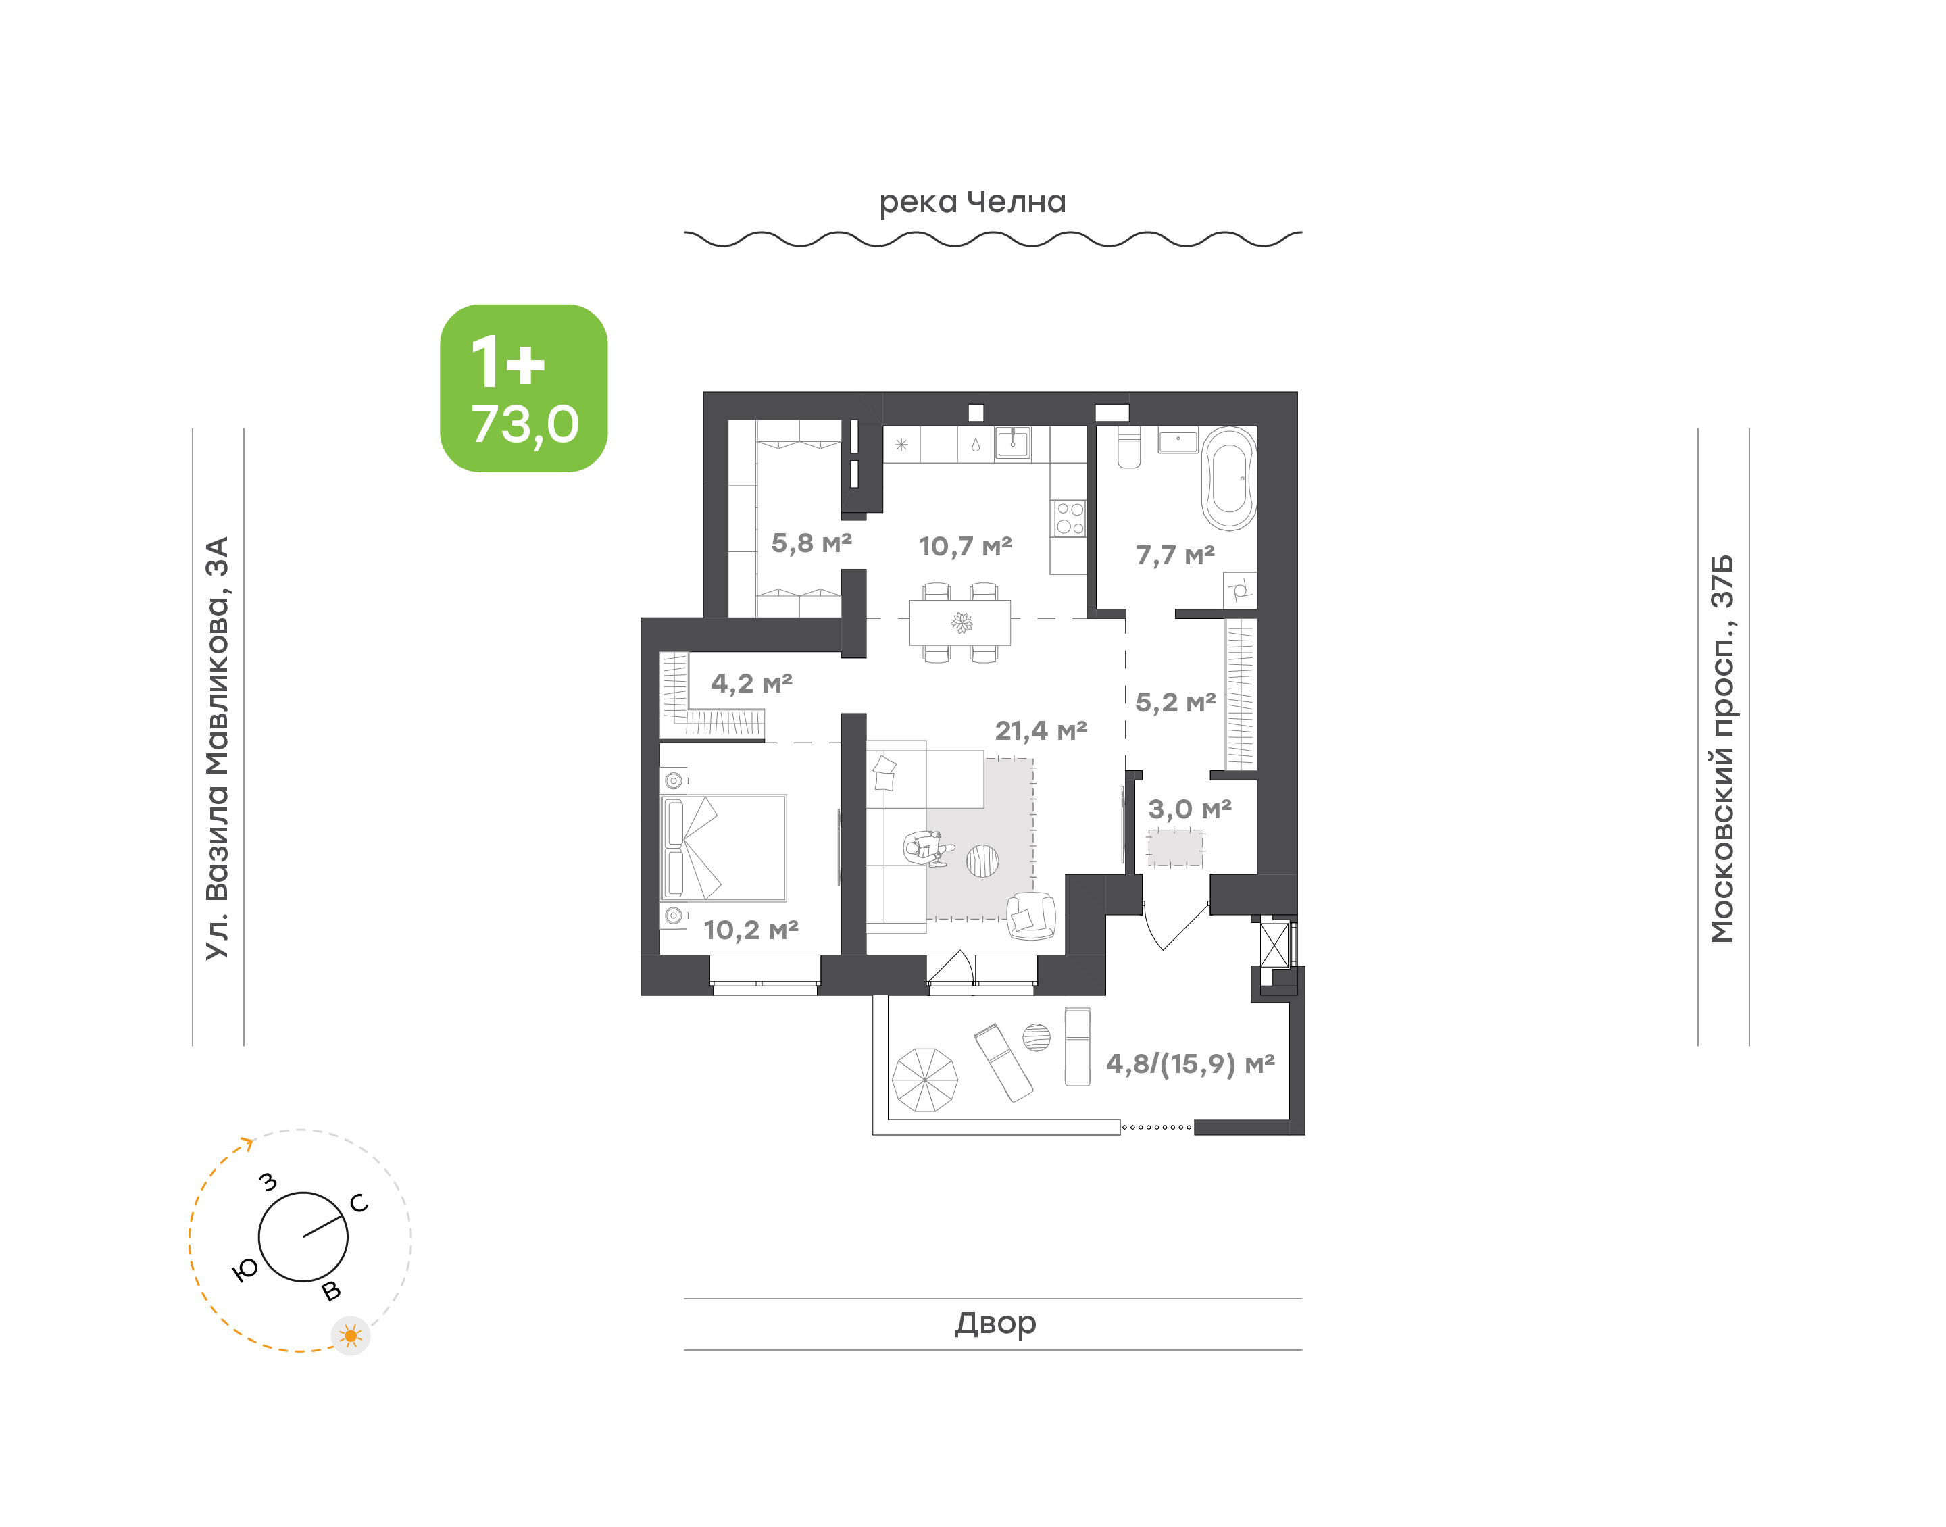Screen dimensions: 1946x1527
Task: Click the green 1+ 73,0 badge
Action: tap(524, 388)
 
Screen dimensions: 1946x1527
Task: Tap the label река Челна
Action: tap(972, 203)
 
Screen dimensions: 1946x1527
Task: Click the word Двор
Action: tap(995, 1322)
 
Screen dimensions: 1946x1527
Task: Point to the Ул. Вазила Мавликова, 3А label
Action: tap(217, 749)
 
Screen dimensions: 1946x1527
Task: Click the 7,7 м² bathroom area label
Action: tap(1176, 555)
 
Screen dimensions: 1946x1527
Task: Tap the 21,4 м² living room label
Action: tap(1041, 731)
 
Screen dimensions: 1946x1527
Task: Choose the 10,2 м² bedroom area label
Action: tap(751, 930)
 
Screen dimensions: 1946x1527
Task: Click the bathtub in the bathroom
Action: tap(1229, 479)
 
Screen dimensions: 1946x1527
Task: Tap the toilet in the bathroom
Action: tap(1129, 448)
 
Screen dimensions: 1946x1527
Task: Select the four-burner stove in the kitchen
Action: tap(1069, 518)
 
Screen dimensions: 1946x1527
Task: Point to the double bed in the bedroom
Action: tap(724, 847)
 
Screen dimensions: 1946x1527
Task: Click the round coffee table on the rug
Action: tap(982, 861)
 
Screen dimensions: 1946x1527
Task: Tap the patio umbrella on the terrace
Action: tap(924, 1080)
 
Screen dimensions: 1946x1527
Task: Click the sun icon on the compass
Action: tap(351, 1336)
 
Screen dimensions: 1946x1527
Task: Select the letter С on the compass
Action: tap(359, 1203)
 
